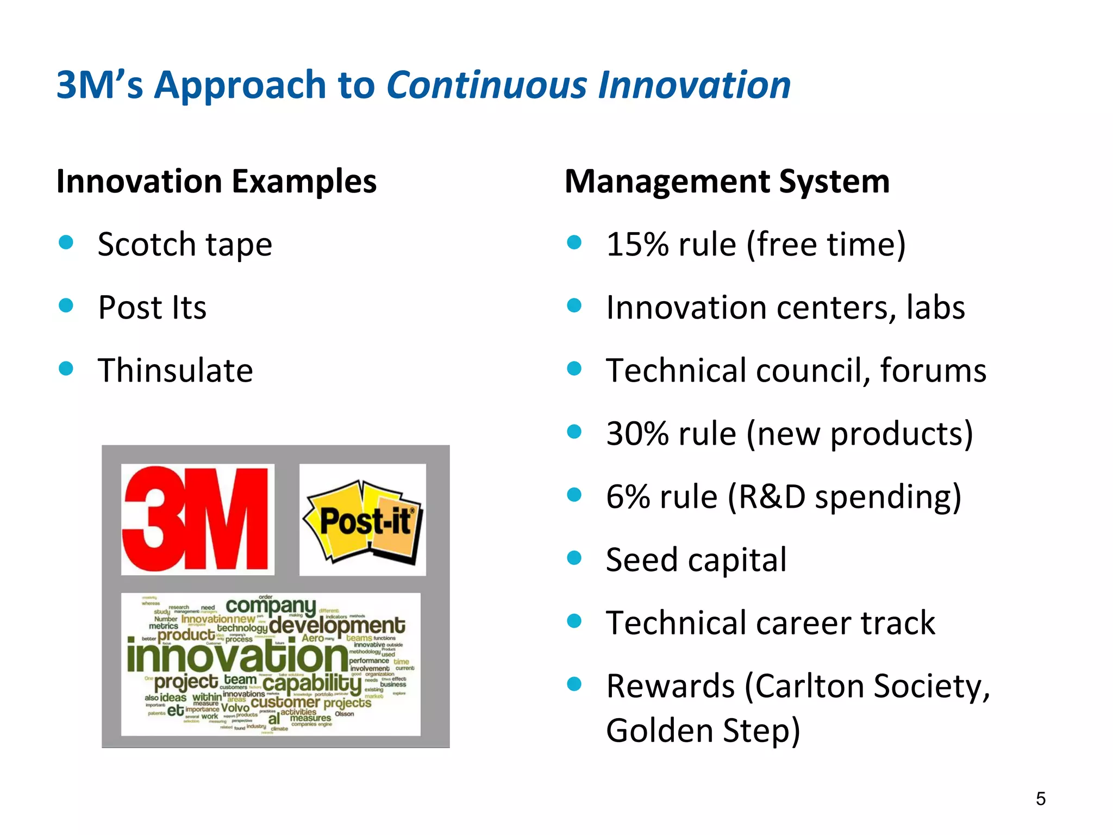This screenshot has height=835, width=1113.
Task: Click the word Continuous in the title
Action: point(486,85)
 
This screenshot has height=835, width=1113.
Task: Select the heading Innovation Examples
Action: point(216,181)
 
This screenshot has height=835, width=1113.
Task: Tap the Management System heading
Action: point(727,181)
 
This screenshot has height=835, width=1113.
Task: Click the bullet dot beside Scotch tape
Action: point(66,242)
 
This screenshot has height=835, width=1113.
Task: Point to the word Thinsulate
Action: point(175,371)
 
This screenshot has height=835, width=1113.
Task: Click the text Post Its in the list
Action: point(152,308)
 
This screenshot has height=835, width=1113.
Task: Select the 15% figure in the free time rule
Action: point(637,245)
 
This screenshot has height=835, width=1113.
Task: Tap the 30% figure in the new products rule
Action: point(637,434)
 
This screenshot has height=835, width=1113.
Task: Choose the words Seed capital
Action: point(696,560)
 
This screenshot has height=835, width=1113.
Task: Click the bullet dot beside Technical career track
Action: point(574,621)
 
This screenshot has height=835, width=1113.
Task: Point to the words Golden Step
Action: point(703,731)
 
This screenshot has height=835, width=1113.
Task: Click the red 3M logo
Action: point(197,519)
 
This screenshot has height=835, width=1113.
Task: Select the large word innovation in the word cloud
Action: point(237,657)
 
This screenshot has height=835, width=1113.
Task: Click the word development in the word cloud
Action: point(337,625)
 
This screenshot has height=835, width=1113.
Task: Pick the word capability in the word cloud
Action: point(312,684)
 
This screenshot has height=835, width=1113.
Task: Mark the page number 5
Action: point(1040,799)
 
